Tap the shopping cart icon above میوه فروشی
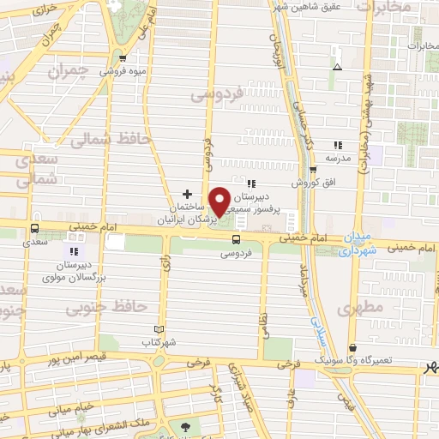point(123,58)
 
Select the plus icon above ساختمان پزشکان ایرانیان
point(188,195)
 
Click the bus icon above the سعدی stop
point(35,229)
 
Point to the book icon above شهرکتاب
point(157,329)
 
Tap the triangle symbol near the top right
point(337,67)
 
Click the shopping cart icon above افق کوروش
point(313,170)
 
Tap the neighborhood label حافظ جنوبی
point(124,304)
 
